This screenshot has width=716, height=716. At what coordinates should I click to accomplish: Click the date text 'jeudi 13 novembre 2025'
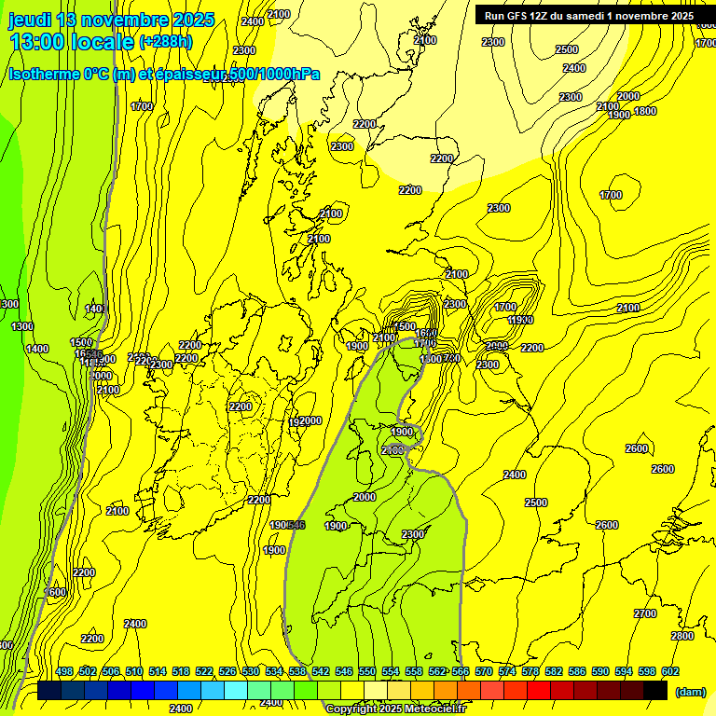pyautogui.click(x=112, y=20)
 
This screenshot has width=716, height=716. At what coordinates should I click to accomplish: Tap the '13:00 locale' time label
pyautogui.click(x=72, y=42)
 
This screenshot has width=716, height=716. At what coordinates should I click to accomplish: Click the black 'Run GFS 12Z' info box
pyautogui.click(x=588, y=15)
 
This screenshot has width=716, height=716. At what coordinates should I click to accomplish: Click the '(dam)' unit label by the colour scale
pyautogui.click(x=690, y=691)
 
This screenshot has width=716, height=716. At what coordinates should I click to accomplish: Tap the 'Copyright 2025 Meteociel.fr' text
pyautogui.click(x=395, y=709)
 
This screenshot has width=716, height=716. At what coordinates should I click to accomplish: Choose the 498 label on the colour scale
pyautogui.click(x=64, y=672)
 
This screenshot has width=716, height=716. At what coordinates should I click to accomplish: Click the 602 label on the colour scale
pyautogui.click(x=670, y=672)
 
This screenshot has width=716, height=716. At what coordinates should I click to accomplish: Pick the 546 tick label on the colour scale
pyautogui.click(x=344, y=672)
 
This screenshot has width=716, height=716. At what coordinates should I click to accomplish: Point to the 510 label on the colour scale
pyautogui.click(x=134, y=672)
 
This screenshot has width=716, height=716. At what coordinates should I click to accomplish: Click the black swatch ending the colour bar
pyautogui.click(x=655, y=690)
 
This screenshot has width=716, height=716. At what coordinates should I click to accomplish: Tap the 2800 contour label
pyautogui.click(x=682, y=636)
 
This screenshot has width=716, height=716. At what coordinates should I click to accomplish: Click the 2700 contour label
pyautogui.click(x=645, y=613)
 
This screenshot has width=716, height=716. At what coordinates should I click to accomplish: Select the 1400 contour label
pyautogui.click(x=37, y=349)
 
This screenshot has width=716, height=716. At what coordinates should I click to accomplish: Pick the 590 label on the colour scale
pyautogui.click(x=600, y=672)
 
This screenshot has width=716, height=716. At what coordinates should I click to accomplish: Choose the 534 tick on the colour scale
pyautogui.click(x=274, y=672)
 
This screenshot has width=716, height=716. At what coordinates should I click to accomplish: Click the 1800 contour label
pyautogui.click(x=645, y=112)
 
